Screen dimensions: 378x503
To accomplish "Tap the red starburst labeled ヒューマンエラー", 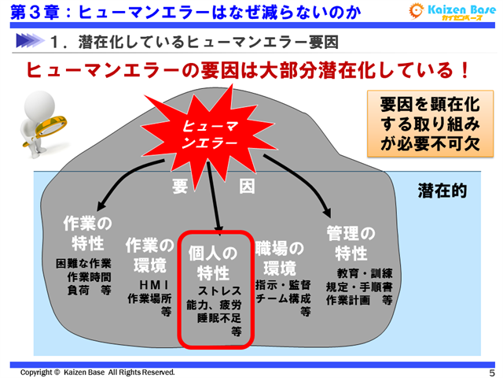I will (x=210, y=134).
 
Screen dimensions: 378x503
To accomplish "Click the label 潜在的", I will (x=442, y=191).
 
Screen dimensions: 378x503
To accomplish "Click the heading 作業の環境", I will (x=149, y=254).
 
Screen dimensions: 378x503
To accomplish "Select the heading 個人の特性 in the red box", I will (x=213, y=263).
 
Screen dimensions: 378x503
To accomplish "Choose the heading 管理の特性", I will (x=351, y=243).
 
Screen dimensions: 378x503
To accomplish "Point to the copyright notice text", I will (x=97, y=372).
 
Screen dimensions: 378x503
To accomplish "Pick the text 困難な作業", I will (x=83, y=264).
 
